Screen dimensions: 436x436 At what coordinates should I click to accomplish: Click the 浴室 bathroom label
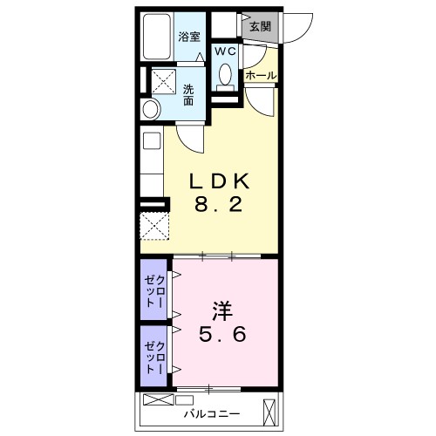tap(190, 37)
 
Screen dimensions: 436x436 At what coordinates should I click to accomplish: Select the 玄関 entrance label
tap(260, 26)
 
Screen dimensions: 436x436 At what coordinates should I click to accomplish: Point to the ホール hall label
tap(261, 76)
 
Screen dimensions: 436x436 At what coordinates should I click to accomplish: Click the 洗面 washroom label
tap(189, 95)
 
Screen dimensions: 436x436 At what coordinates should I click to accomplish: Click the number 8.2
tap(221, 208)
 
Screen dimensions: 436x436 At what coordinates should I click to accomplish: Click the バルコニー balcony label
tap(208, 412)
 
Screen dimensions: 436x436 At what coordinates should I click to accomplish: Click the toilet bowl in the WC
tap(225, 75)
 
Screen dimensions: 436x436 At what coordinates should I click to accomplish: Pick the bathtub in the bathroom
tap(156, 37)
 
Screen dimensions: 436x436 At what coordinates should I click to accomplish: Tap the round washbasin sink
tap(151, 110)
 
